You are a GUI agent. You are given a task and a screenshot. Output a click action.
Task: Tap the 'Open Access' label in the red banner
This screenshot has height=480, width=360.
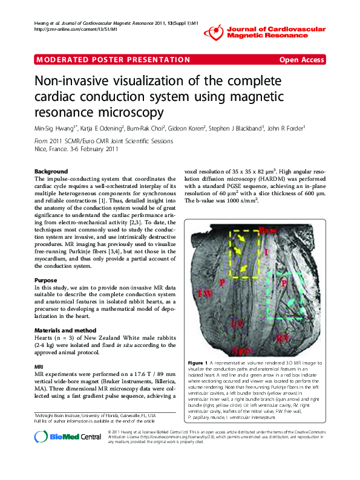(x=301, y=59)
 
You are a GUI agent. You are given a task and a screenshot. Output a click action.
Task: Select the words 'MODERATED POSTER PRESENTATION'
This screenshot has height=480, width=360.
(x=113, y=59)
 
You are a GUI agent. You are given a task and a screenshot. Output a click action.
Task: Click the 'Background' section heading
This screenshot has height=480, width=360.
(x=51, y=171)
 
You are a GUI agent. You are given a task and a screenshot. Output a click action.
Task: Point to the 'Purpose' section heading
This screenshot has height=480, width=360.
(x=46, y=280)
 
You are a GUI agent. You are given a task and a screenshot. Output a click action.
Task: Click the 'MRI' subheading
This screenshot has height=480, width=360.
(x=39, y=366)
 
